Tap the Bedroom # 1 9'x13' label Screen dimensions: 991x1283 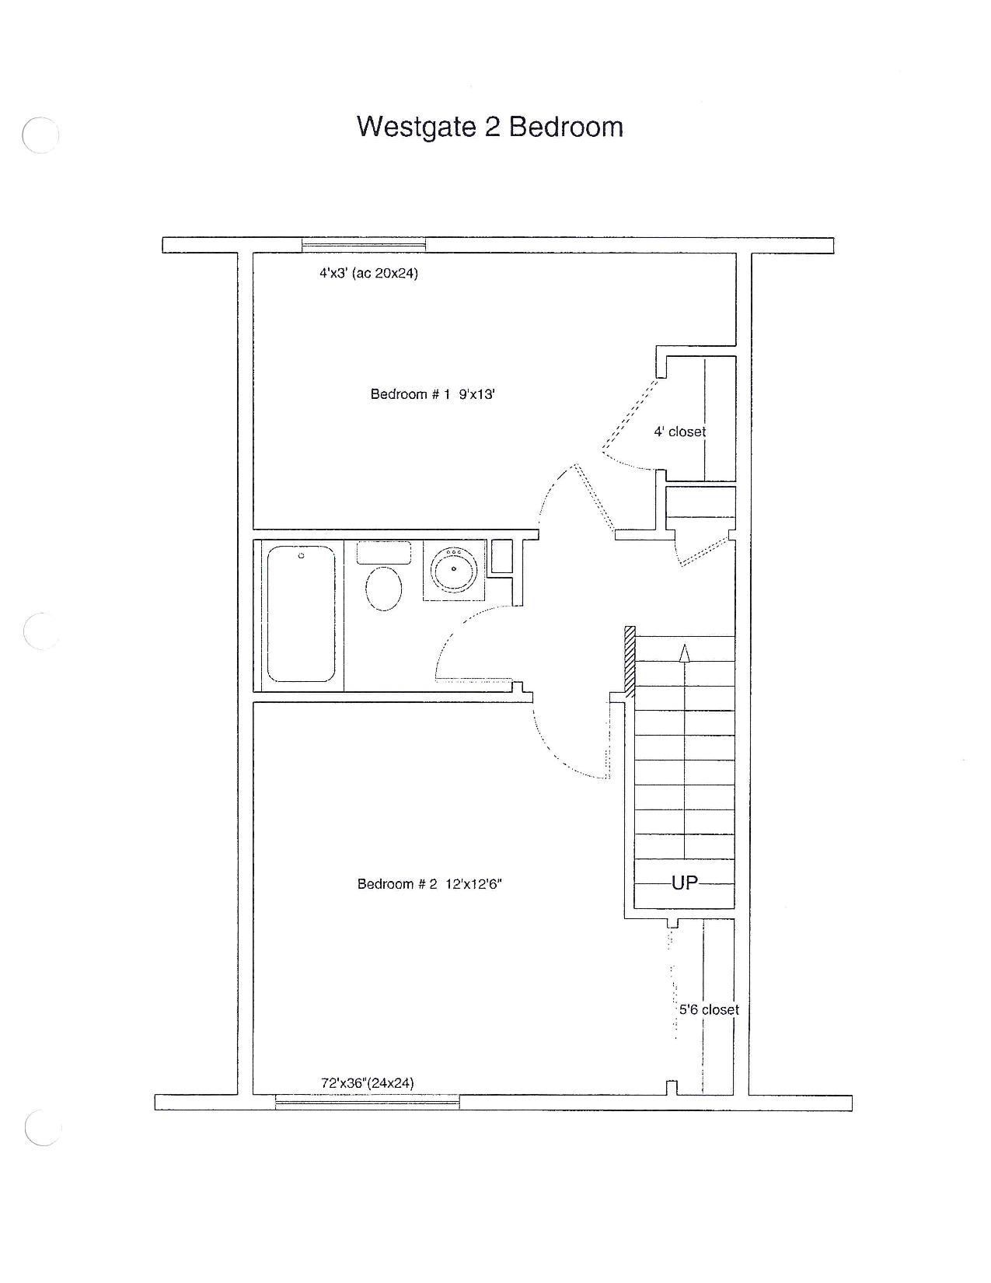tap(432, 393)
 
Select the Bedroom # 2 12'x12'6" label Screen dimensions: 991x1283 tap(429, 884)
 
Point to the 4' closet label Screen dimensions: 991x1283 tap(679, 432)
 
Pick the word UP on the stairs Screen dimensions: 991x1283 tap(685, 883)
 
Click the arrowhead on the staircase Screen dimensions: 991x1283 tap(685, 653)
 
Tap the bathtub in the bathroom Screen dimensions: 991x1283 tap(301, 614)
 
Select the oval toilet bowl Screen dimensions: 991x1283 tap(384, 589)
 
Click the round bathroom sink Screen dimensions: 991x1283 tap(453, 569)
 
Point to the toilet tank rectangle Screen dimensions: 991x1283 tap(384, 553)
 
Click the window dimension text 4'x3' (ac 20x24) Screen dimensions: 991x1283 tap(369, 274)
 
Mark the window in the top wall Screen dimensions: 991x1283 tap(364, 244)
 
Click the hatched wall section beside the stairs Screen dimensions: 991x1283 tap(630, 662)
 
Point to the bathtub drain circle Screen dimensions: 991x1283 tap(301, 556)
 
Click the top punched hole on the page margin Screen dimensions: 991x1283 tap(40, 135)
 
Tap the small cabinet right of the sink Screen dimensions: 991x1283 tap(501, 556)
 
